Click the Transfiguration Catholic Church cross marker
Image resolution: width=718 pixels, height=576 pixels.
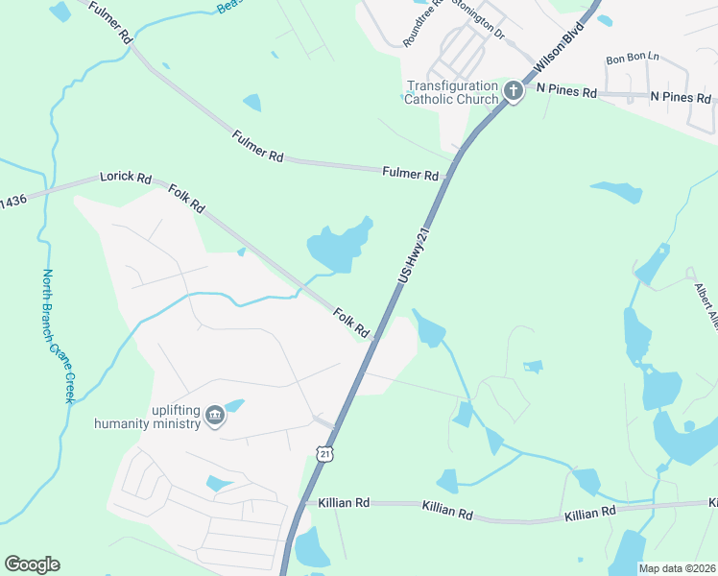coord(513,91)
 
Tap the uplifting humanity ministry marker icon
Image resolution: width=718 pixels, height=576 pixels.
coord(215,416)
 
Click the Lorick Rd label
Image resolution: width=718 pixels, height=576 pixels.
coord(127,179)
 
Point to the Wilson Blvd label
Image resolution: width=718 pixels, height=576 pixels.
coord(560,61)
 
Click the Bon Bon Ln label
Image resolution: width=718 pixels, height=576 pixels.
coord(633,59)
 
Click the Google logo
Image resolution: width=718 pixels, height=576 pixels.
coord(32,564)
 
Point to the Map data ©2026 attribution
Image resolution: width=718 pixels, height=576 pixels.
coord(677,568)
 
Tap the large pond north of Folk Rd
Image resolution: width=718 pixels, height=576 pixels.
coord(338,245)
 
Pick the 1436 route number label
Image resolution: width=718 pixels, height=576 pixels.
coord(13,201)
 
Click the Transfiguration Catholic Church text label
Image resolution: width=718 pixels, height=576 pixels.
coord(452,91)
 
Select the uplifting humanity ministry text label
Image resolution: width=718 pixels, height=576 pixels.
coord(148,416)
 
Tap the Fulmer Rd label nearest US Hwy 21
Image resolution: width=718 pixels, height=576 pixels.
coord(410,175)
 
